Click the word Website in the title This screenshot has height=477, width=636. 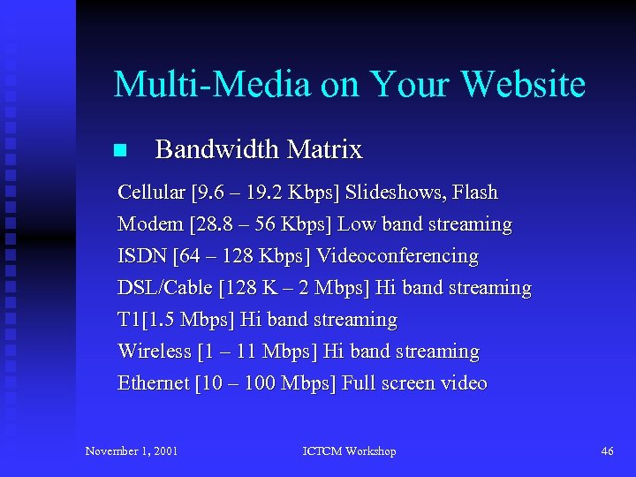pyautogui.click(x=523, y=85)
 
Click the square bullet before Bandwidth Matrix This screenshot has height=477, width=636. pyautogui.click(x=120, y=150)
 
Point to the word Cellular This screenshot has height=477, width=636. pyautogui.click(x=151, y=193)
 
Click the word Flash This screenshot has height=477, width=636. pyautogui.click(x=476, y=193)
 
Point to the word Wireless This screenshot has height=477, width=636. pyautogui.click(x=155, y=352)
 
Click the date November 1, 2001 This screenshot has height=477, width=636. pyautogui.click(x=132, y=451)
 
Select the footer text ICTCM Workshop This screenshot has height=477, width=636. pyautogui.click(x=350, y=451)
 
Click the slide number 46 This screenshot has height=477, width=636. pyautogui.click(x=607, y=451)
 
